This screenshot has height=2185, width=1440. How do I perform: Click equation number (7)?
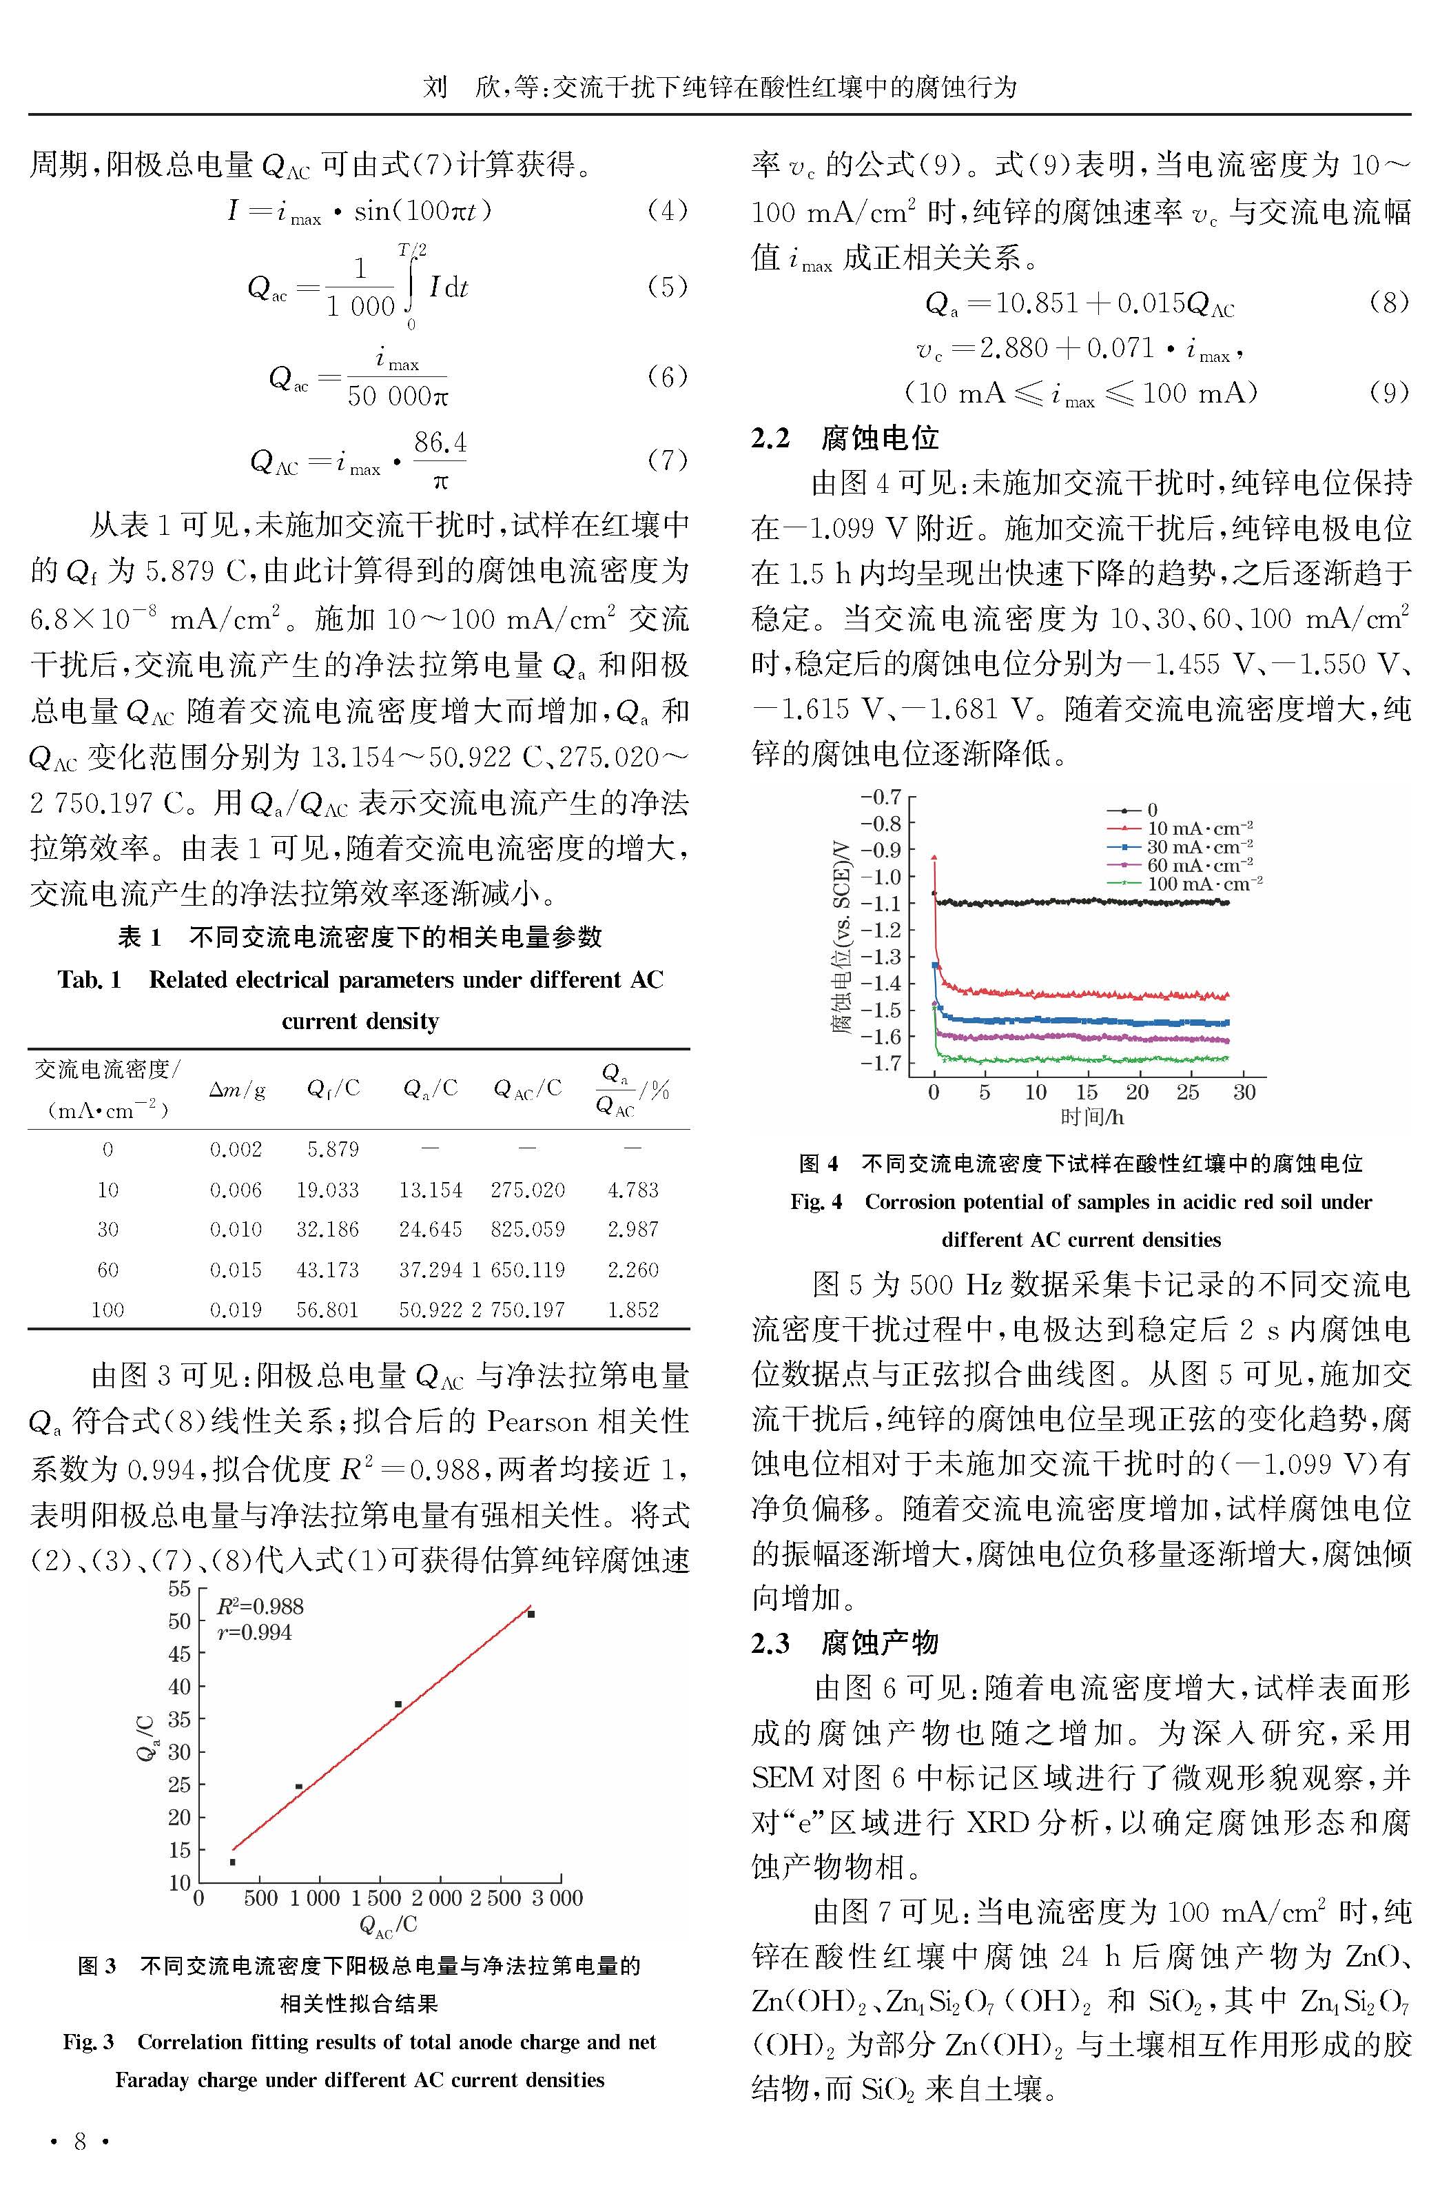pos(668,459)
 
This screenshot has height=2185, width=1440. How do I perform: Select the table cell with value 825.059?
pos(527,1229)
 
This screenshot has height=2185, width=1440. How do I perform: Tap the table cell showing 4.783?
pos(632,1190)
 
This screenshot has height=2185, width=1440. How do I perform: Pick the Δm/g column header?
pos(236,1089)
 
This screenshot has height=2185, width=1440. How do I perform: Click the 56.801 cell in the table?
pos(327,1309)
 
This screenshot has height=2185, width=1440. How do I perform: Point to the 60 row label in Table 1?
pos(107,1270)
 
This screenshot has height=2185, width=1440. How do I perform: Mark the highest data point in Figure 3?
pos(531,1614)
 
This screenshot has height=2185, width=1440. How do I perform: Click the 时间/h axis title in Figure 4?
pos(1091,1117)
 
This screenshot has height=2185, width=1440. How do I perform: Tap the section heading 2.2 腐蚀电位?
pos(845,438)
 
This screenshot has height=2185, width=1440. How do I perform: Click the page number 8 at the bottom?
pos(80,2141)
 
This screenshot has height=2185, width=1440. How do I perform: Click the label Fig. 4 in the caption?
pos(816,1201)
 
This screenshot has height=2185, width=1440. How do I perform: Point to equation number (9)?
pos(1388,392)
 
